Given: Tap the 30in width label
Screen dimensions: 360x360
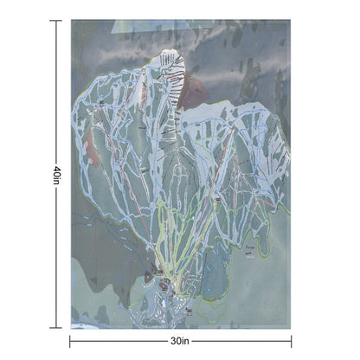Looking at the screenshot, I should (180, 341).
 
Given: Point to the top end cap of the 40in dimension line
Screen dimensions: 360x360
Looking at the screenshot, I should (55, 20).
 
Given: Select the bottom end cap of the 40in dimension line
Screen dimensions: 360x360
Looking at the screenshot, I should (55, 328).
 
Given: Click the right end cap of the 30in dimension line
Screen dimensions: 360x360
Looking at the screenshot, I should (291, 341).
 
